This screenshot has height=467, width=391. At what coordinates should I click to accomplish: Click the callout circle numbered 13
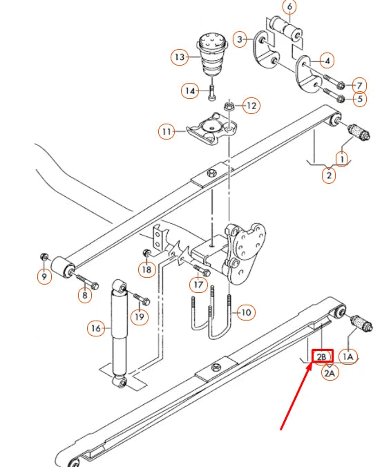[180, 57]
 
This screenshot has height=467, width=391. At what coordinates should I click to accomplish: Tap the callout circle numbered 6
[289, 8]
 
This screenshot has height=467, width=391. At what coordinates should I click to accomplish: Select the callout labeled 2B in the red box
[323, 356]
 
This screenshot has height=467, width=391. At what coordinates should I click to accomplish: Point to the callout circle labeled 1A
[348, 356]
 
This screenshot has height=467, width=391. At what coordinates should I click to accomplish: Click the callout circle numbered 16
[95, 327]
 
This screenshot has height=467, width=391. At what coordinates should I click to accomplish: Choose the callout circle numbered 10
[245, 312]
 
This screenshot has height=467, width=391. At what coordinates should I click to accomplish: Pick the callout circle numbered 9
[44, 277]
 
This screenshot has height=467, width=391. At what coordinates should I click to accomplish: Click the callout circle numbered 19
[140, 316]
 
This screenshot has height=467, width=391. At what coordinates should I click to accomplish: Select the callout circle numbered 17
[200, 283]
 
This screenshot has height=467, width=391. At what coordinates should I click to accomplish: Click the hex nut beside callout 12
[229, 106]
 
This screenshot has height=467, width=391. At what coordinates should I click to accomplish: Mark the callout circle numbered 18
[146, 269]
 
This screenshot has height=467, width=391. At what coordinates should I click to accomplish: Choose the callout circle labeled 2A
[330, 373]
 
